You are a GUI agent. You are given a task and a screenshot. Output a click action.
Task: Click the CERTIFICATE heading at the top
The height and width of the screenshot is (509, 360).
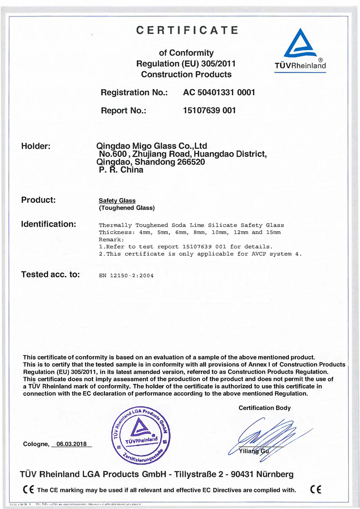[x=187, y=30]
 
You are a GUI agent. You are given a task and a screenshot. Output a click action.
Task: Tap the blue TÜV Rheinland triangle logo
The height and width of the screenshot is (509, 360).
[x=300, y=44]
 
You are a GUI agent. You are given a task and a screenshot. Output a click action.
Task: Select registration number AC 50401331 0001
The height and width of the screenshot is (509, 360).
[x=219, y=92]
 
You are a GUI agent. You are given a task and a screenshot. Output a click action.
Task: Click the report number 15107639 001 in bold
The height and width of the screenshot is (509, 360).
[x=209, y=110]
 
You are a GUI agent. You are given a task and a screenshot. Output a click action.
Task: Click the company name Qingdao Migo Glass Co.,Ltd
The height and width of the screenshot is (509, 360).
[x=152, y=146]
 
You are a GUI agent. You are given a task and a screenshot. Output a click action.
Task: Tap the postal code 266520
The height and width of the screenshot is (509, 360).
[x=190, y=162]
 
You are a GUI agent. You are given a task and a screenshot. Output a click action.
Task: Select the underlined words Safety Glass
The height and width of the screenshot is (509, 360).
[x=117, y=201]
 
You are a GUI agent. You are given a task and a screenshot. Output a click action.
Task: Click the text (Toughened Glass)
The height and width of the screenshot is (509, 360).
[x=126, y=208]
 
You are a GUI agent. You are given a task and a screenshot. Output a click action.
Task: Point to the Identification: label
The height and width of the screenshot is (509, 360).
[x=49, y=224]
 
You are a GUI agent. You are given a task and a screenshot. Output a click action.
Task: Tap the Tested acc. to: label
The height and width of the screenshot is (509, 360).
[x=50, y=274]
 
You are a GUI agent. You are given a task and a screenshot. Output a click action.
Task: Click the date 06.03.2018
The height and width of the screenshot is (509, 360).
[x=72, y=444]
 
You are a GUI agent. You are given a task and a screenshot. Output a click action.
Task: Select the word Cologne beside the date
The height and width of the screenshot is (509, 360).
[x=36, y=444]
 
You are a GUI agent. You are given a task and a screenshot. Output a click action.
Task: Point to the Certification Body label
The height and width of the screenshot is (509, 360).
[x=265, y=408]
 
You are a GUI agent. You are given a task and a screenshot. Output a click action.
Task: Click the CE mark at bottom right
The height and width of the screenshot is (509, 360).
[x=316, y=490]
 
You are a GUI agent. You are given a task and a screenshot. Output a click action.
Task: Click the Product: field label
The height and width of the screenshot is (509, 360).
[x=38, y=200]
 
